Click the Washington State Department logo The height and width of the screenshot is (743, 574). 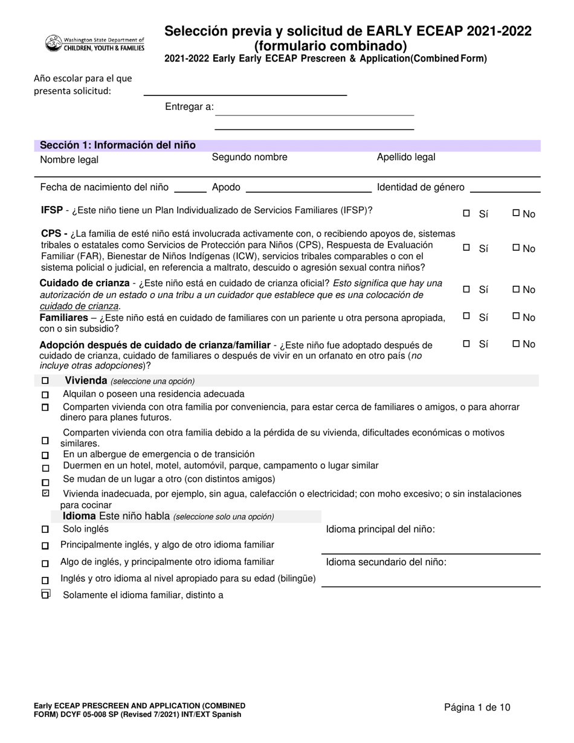tap(95, 43)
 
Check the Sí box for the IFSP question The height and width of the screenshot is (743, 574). tap(466, 213)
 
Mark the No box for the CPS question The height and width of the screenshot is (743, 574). tap(515, 248)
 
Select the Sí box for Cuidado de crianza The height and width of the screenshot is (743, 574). tap(466, 289)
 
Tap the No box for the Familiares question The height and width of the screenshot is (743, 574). tap(515, 317)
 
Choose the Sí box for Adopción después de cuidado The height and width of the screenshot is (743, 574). tap(466, 344)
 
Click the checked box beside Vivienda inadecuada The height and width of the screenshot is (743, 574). tap(45, 494)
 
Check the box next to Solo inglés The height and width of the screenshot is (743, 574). tap(45, 530)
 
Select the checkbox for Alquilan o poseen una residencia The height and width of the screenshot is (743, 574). tap(45, 394)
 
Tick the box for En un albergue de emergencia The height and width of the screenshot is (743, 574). tap(45, 455)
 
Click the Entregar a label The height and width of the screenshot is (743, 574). tap(189, 107)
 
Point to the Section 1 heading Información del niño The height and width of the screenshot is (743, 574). tap(118, 146)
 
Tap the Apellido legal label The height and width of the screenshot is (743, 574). tap(406, 158)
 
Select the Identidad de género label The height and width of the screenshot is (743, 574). tap(421, 188)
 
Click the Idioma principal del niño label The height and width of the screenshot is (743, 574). tap(381, 530)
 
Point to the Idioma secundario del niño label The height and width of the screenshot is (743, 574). tap(386, 562)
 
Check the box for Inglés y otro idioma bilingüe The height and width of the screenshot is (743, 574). tap(45, 580)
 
